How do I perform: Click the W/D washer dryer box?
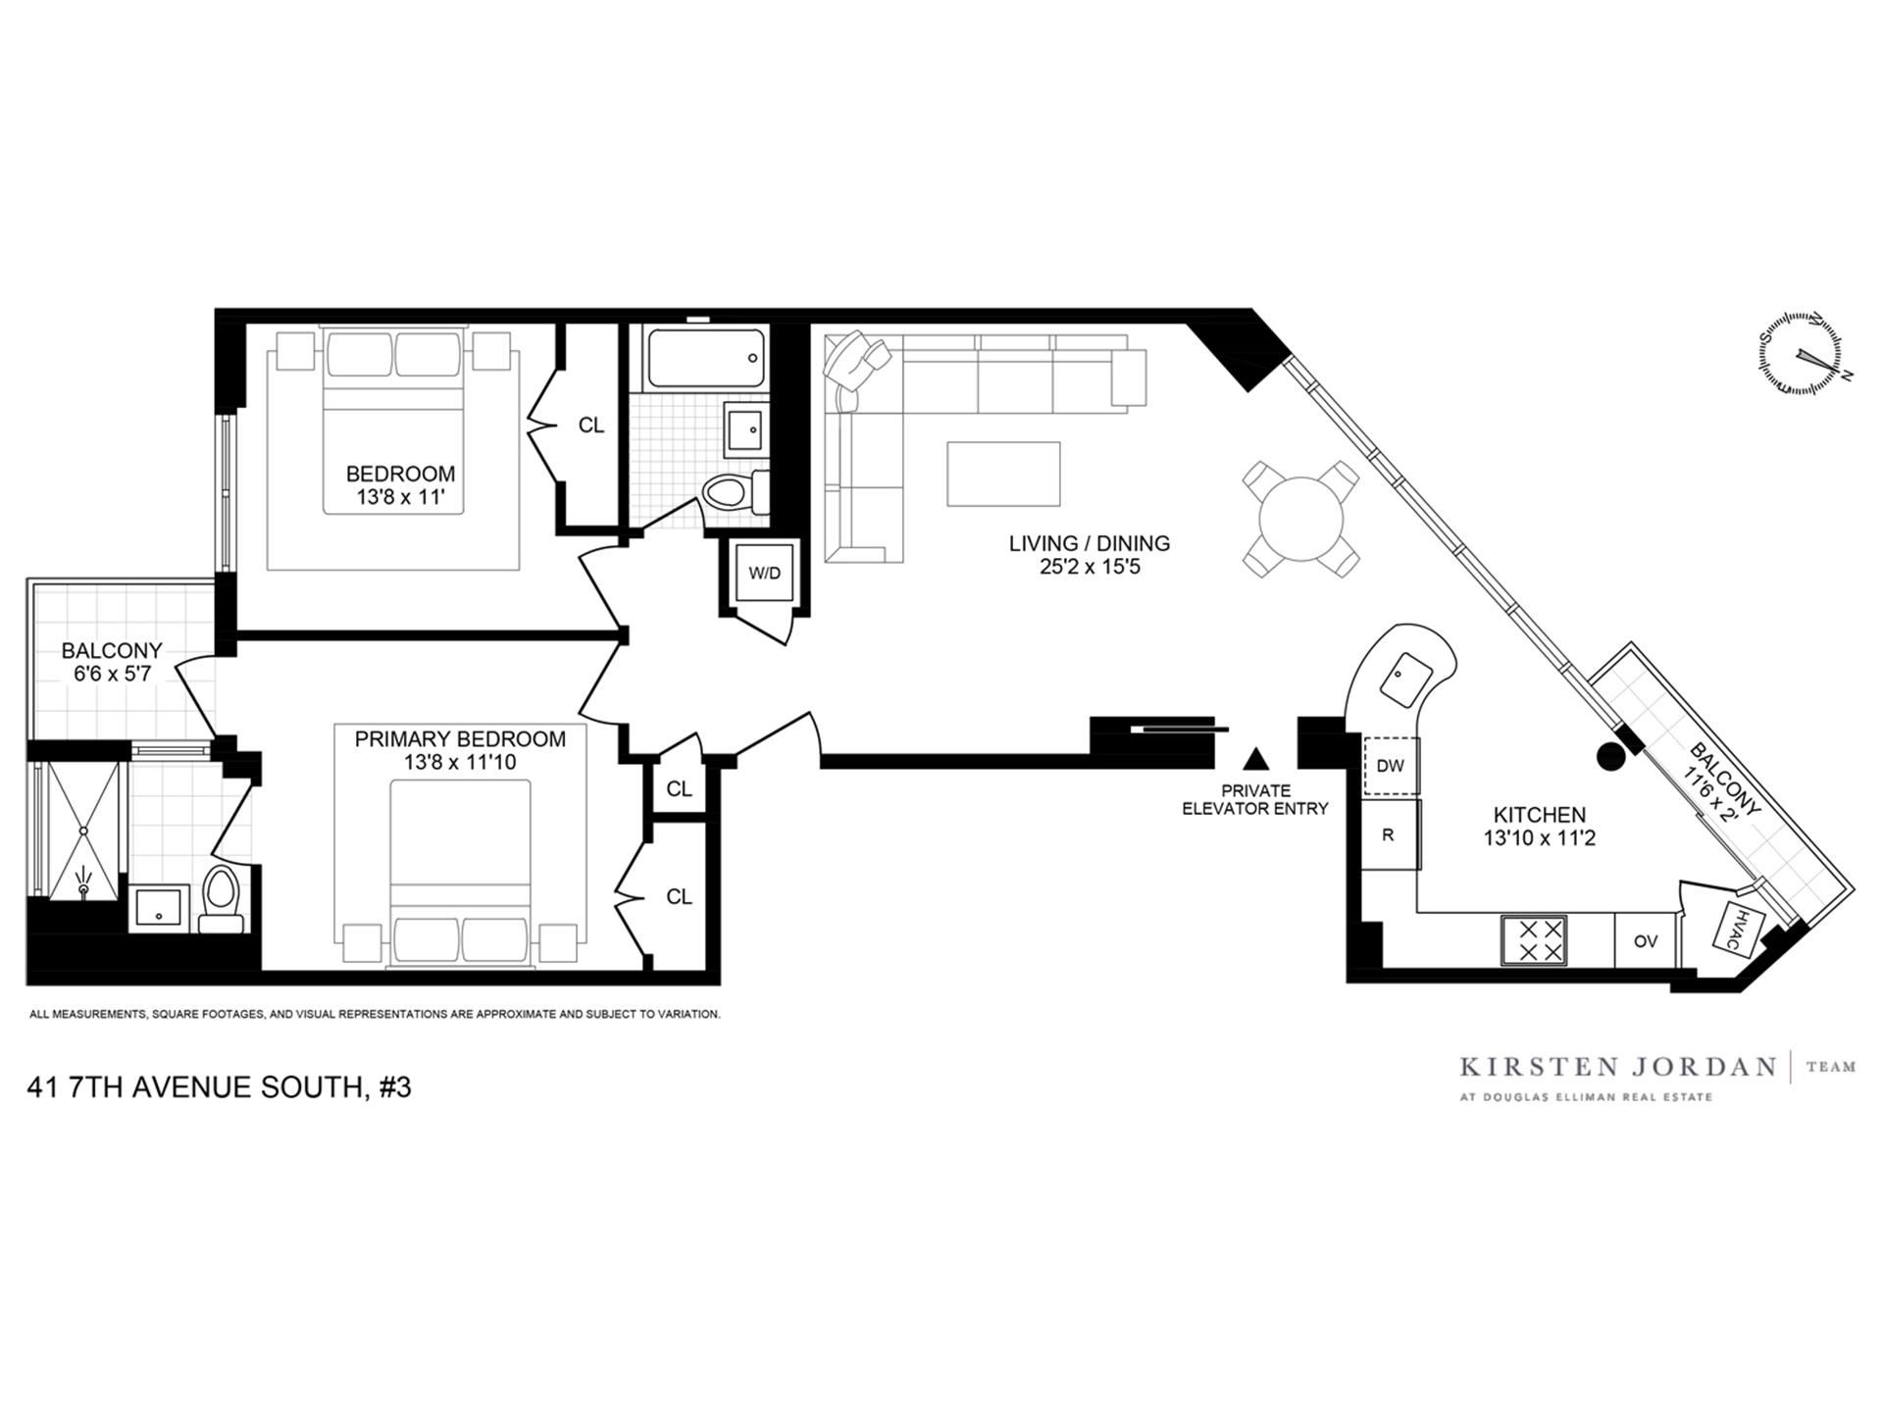click(x=764, y=574)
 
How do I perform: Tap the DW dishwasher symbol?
click(x=1391, y=766)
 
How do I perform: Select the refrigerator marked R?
click(x=1389, y=835)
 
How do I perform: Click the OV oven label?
click(x=1646, y=941)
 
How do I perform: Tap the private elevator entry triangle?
click(x=1255, y=759)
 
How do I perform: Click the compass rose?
click(x=1800, y=354)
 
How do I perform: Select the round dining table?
click(x=1301, y=518)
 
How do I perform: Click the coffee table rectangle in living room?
click(x=1002, y=474)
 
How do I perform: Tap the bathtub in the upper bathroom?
click(x=704, y=358)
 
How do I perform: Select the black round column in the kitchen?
click(x=1610, y=756)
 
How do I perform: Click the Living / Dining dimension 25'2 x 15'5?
click(x=1090, y=567)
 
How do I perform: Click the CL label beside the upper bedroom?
click(x=591, y=426)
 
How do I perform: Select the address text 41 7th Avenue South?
click(x=219, y=1087)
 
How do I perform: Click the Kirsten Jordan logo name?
click(x=1617, y=1067)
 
